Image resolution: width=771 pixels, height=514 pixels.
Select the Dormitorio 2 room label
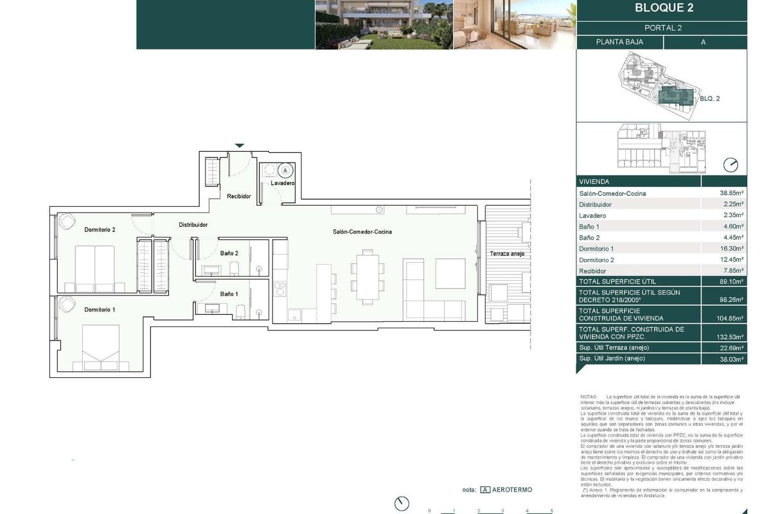pyautogui.click(x=100, y=229)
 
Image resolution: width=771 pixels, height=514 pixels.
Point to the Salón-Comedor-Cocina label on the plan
pyautogui.click(x=362, y=232)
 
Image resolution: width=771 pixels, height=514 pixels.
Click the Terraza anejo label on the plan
pyautogui.click(x=507, y=254)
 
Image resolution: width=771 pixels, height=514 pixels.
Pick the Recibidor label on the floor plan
pyautogui.click(x=238, y=196)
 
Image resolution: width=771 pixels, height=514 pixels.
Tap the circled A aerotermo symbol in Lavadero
pyautogui.click(x=285, y=170)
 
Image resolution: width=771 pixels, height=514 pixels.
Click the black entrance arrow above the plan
pyautogui.click(x=240, y=146)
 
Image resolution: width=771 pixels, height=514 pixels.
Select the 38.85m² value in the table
pyautogui.click(x=732, y=193)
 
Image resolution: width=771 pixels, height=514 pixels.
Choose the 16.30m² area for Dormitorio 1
pyautogui.click(x=732, y=249)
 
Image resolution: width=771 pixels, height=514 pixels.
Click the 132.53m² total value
pyautogui.click(x=732, y=337)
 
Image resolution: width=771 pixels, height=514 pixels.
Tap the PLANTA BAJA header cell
pyautogui.click(x=620, y=42)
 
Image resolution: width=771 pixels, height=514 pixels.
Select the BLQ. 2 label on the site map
pyautogui.click(x=709, y=99)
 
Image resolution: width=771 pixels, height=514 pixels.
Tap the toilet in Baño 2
pyautogui.click(x=235, y=268)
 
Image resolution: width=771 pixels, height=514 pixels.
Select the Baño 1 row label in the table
pyautogui.click(x=589, y=226)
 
